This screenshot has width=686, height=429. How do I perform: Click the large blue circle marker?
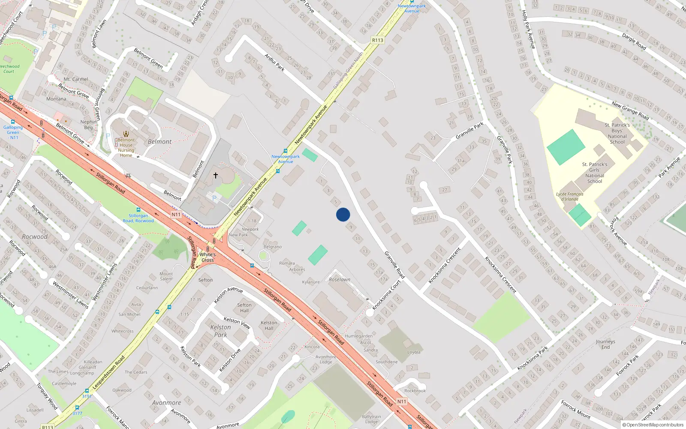tap(343, 214)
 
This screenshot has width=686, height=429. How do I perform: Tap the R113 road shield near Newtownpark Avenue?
tap(377, 40)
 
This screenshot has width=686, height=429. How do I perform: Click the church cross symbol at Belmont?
tap(216, 175)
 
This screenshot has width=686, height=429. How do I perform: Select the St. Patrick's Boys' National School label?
tap(617, 133)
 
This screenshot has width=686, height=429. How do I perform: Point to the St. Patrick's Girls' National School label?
tap(595, 172)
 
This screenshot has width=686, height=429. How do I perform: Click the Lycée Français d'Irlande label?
tap(570, 196)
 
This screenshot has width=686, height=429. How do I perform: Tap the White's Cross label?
tap(208, 257)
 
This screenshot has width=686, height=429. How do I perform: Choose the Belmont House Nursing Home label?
tap(126, 148)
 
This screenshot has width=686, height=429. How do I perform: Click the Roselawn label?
tap(340, 279)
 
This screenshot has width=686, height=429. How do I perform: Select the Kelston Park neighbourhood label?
tap(220, 331)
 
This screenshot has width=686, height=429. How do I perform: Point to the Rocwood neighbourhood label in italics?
tap(35, 236)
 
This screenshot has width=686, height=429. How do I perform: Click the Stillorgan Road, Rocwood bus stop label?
tap(138, 218)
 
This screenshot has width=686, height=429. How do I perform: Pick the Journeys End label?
tap(605, 344)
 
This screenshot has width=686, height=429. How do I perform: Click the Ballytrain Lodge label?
tap(371, 419)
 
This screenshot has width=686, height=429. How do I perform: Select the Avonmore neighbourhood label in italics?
tap(166, 403)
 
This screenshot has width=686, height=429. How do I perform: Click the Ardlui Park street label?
tap(274, 63)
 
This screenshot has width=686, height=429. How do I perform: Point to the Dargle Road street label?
tap(634, 42)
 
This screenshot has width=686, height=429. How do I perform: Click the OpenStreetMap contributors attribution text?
tap(653, 425)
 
